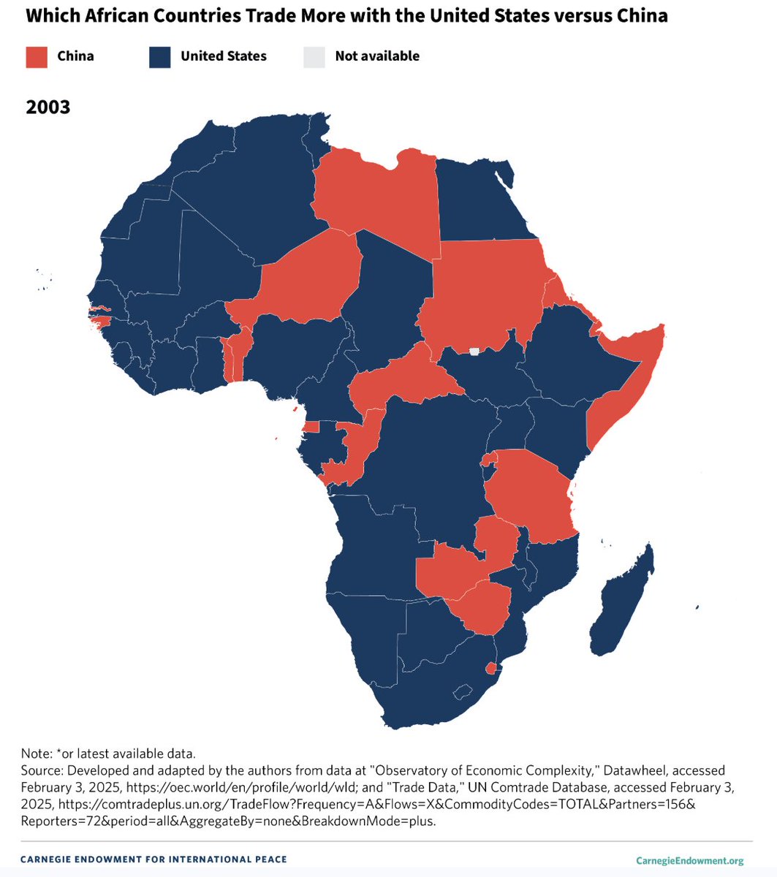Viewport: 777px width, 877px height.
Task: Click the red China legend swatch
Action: click(x=37, y=57)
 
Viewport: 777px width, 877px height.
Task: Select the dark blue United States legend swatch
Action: click(x=160, y=57)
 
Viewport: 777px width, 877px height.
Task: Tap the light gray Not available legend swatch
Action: click(x=314, y=57)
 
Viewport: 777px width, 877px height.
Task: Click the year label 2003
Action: click(x=48, y=107)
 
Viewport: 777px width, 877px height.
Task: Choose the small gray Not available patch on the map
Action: click(x=474, y=352)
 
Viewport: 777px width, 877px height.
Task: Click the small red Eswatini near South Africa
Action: click(x=491, y=668)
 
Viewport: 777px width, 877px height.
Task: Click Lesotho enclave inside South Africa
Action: click(x=462, y=691)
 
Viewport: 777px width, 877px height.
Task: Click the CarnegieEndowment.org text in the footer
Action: click(x=689, y=860)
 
